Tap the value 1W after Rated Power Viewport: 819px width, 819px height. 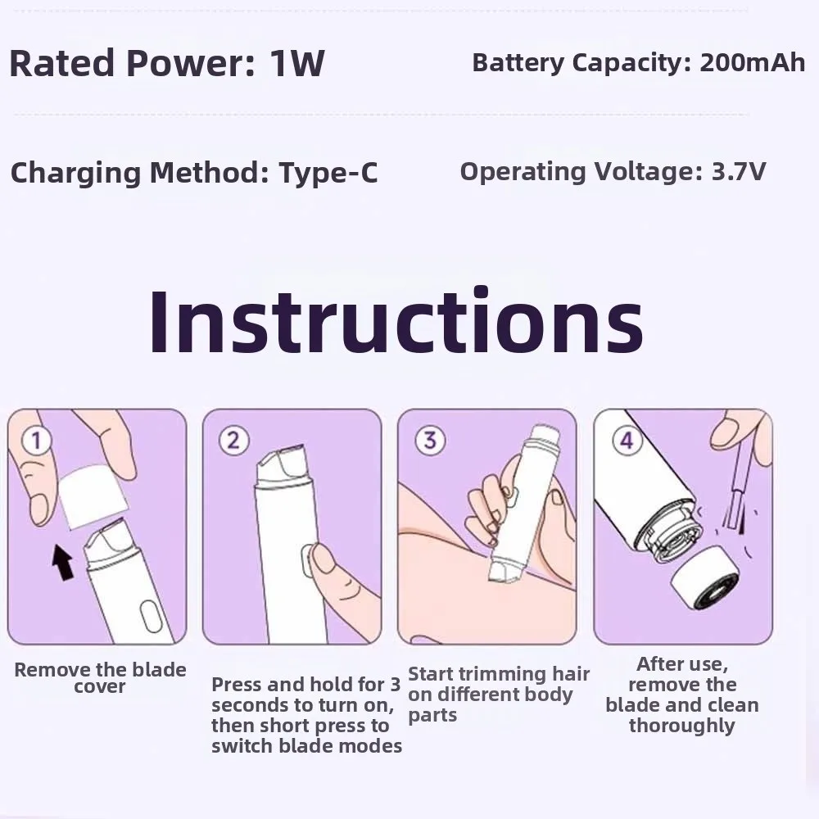(x=296, y=64)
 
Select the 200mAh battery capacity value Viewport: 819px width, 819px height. (x=753, y=63)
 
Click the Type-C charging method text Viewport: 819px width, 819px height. (x=328, y=173)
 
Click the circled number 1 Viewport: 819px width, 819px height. (x=36, y=441)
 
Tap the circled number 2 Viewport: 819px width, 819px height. (x=233, y=441)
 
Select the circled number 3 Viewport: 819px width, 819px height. (x=428, y=441)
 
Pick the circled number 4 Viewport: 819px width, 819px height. (x=626, y=441)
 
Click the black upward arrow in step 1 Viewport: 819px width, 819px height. (x=62, y=563)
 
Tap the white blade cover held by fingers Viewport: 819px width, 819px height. (x=94, y=495)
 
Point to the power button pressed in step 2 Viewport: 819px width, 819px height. (x=309, y=561)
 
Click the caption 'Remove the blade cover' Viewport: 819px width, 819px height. (x=100, y=678)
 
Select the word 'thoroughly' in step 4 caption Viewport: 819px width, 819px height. (x=681, y=726)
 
